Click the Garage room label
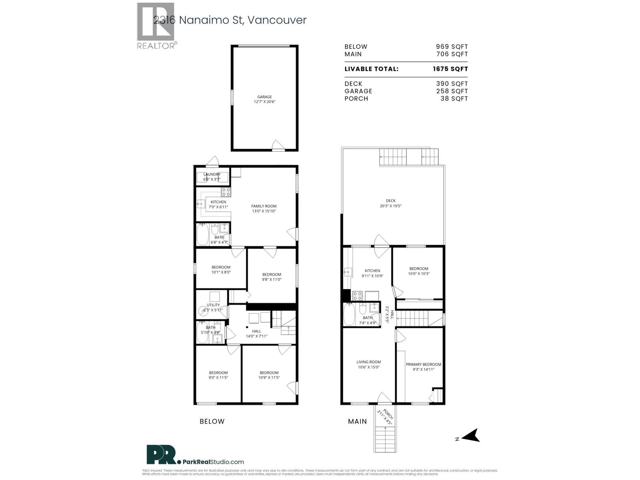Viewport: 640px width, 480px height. pyautogui.click(x=264, y=97)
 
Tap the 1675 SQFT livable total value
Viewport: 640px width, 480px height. pyautogui.click(x=450, y=69)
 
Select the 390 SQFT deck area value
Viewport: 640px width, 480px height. pyautogui.click(x=452, y=84)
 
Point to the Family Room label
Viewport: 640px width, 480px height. pyautogui.click(x=264, y=206)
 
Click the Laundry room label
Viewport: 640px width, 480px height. pyautogui.click(x=212, y=174)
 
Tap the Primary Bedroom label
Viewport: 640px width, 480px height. pyautogui.click(x=423, y=364)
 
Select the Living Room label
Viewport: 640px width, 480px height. pyautogui.click(x=368, y=362)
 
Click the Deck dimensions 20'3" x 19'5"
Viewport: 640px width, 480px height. pyautogui.click(x=390, y=206)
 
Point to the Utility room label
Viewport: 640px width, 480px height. pyautogui.click(x=213, y=305)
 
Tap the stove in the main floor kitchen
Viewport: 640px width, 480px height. pyautogui.click(x=357, y=296)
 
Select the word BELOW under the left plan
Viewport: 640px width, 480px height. pyautogui.click(x=212, y=421)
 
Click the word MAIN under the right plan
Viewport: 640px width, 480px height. pyautogui.click(x=357, y=421)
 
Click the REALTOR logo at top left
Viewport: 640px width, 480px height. pyautogui.click(x=156, y=26)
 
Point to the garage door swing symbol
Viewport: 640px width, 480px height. pyautogui.click(x=278, y=145)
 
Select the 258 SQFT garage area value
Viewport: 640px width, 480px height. pyautogui.click(x=452, y=91)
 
